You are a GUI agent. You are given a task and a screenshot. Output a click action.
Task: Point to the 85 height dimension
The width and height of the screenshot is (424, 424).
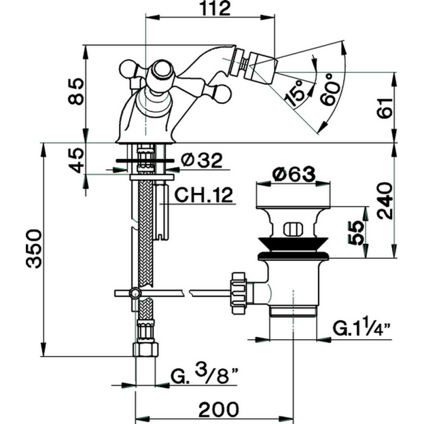pos(76,91)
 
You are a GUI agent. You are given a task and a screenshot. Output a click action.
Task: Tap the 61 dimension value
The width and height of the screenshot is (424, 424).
pos(385,108)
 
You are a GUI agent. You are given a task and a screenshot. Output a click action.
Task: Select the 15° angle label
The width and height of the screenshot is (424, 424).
pos(296,93)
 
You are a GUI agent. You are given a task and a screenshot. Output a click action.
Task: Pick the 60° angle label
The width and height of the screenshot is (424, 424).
pos(330,89)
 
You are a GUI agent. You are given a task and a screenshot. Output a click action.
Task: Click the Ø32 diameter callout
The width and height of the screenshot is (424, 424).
pos(202,160)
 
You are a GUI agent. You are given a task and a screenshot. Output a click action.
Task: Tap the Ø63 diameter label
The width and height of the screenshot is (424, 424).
pos(294,174)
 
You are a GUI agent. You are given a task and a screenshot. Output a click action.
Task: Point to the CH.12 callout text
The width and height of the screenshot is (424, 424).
pos(204,195)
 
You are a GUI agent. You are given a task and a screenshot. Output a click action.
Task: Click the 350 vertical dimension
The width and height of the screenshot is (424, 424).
pos(34,249)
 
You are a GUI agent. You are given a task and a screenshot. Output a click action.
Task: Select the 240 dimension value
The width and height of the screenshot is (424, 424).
pos(385,200)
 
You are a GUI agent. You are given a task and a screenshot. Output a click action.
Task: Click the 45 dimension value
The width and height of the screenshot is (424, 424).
pos(76,160)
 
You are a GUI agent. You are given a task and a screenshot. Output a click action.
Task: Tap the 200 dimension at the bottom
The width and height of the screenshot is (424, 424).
pos(219,410)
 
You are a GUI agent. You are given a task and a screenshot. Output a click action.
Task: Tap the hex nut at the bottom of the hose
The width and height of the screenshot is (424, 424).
pos(145,349)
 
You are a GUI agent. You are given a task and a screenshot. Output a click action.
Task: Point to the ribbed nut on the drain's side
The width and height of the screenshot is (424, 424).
pos(238,293)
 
